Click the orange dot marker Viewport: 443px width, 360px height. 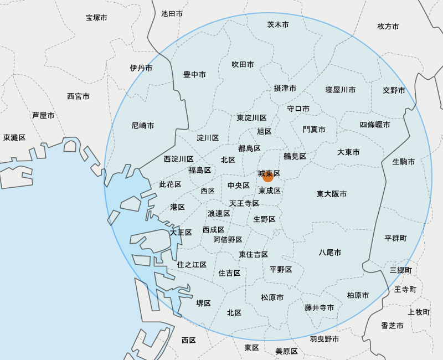tap(268, 177)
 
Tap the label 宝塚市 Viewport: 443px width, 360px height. tap(96, 18)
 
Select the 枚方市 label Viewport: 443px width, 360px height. tap(388, 27)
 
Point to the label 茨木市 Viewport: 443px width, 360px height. tap(278, 25)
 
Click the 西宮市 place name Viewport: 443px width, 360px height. tap(78, 96)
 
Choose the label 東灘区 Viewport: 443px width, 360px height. tap(14, 137)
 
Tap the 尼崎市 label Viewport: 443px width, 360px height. tap(143, 126)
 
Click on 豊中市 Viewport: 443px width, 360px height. tap(195, 75)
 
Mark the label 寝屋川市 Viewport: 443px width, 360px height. tap(341, 90)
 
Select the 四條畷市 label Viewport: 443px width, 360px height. tap(375, 125)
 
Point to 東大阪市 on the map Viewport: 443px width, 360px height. tap(332, 194)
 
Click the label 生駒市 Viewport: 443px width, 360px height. tap(404, 162)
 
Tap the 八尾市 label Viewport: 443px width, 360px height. tap(330, 253)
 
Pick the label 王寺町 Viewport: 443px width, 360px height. tap(405, 290)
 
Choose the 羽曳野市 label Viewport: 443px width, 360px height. tap(324, 339)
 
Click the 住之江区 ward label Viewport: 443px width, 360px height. tap(192, 265)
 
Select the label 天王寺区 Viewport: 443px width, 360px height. tap(244, 203)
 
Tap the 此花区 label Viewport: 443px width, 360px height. tap(170, 184)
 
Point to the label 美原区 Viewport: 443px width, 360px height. tap(287, 352)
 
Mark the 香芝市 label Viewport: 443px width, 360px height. tap(392, 326)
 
